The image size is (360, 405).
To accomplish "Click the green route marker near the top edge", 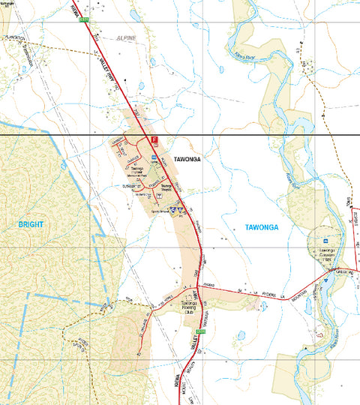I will pyautogui.click(x=83, y=19).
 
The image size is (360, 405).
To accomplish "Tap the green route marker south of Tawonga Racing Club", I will pyautogui.click(x=199, y=331).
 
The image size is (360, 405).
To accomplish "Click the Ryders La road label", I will pyautogui.click(x=243, y=291).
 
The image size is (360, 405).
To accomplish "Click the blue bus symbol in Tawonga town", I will pyautogui.click(x=154, y=157).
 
